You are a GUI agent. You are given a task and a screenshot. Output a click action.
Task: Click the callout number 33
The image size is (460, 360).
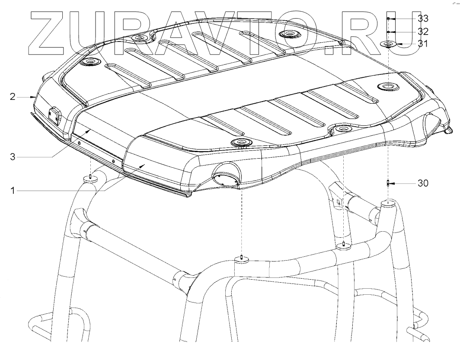[423, 19]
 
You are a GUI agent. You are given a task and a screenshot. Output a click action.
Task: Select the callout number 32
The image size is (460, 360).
[423, 32]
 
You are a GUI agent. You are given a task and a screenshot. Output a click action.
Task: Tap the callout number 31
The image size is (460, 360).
[423, 44]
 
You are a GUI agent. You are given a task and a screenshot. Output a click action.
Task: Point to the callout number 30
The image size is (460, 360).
[423, 183]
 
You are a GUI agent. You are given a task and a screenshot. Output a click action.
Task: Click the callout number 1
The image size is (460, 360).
[12, 191]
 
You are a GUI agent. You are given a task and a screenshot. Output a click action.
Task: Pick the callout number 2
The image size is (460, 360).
[12, 96]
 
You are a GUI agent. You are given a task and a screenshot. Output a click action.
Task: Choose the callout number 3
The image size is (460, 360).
[12, 157]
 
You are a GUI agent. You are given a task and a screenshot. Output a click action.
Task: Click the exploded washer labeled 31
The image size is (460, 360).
[388, 44]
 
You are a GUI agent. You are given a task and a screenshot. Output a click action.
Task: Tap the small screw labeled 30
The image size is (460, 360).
[388, 183]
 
